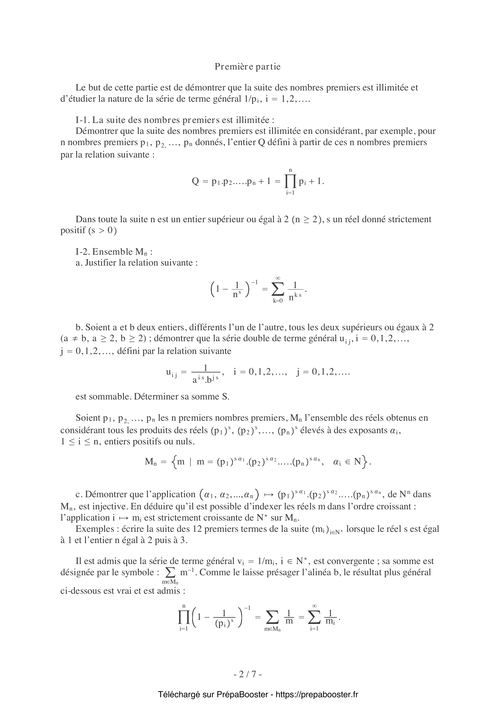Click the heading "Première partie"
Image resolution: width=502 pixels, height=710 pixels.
click(248, 67)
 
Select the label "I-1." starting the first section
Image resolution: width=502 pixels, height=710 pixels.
click(82, 120)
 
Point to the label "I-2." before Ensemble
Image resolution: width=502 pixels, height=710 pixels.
click(83, 251)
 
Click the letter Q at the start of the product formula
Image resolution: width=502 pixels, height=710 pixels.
click(195, 181)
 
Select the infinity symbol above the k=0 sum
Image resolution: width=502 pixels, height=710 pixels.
click(278, 278)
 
